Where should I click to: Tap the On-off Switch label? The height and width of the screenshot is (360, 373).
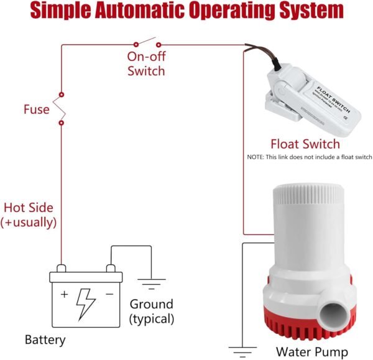(146, 63)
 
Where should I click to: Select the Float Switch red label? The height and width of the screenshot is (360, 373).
(305, 144)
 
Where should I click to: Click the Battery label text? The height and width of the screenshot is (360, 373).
(45, 339)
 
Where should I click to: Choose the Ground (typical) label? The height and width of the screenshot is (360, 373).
(152, 312)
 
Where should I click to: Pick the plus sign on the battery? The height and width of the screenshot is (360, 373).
(64, 294)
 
